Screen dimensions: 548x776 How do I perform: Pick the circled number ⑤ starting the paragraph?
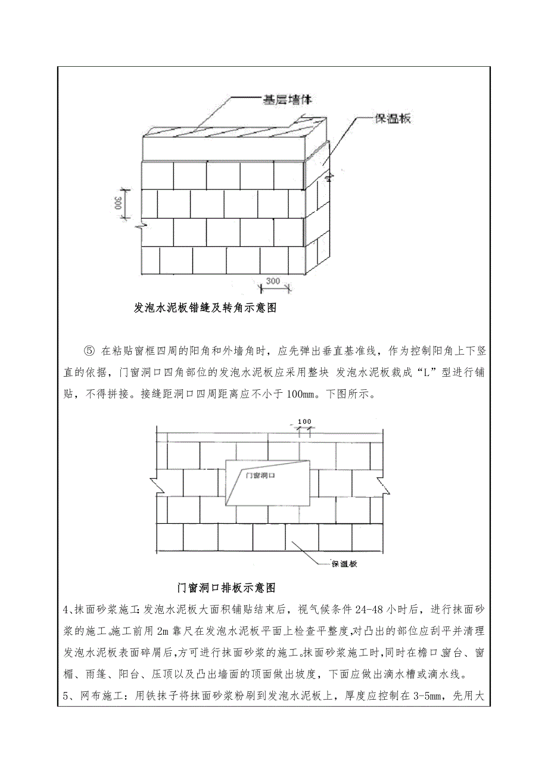tap(90, 350)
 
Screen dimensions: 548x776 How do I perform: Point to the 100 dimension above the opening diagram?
tap(304, 422)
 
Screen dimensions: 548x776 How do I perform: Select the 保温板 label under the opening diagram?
tap(344, 563)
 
